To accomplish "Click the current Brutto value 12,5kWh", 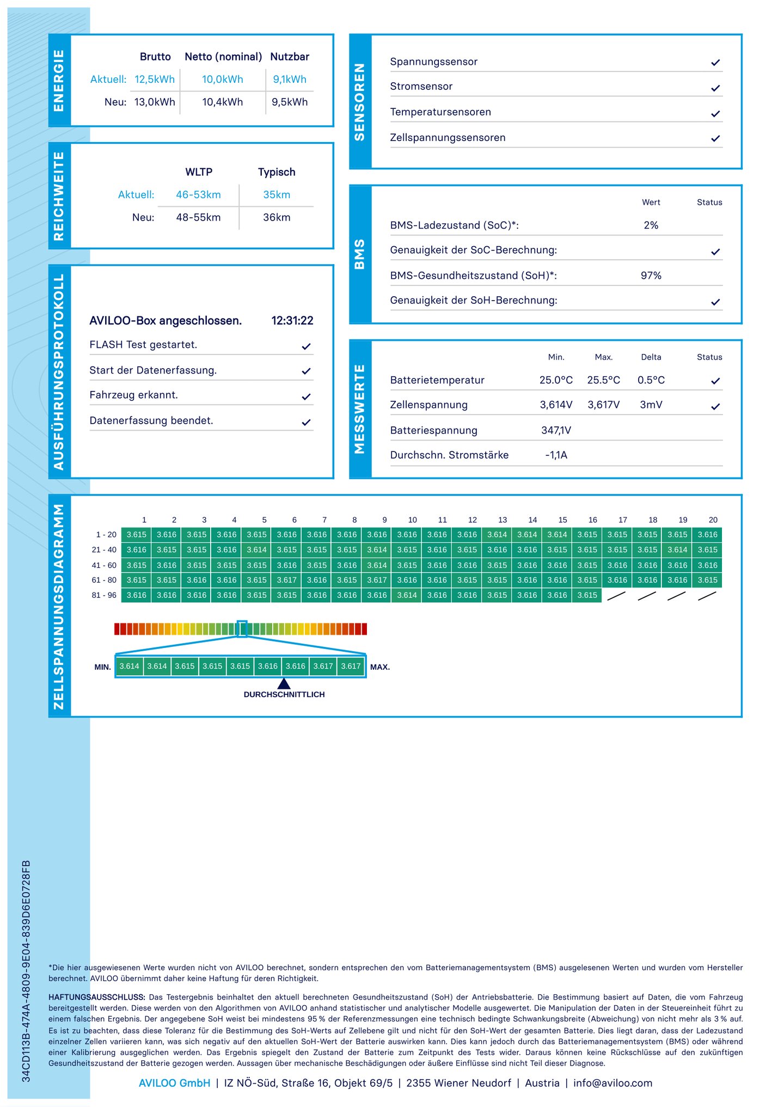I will (155, 79).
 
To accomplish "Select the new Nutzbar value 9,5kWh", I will (290, 102).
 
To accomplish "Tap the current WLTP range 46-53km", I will (198, 195).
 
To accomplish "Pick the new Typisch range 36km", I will (277, 218).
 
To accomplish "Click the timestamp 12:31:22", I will (292, 321).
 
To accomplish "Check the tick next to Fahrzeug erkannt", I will (307, 397).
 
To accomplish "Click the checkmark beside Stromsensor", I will (715, 88).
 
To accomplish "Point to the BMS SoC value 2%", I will (651, 225).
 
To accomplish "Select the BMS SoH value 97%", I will (651, 276).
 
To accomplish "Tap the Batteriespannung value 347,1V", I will (556, 430).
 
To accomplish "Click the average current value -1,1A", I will (556, 455).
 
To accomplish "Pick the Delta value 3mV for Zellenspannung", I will (651, 405).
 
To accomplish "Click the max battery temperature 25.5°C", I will (603, 380).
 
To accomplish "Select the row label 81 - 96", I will (104, 595).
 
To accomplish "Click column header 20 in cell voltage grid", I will (713, 520).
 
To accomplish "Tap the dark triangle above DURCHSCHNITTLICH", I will (284, 683).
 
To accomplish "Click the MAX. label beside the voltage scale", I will (380, 667).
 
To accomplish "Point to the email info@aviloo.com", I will (612, 1083).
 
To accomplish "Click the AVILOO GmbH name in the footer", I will (174, 1083).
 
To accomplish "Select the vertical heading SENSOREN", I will (360, 102).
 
